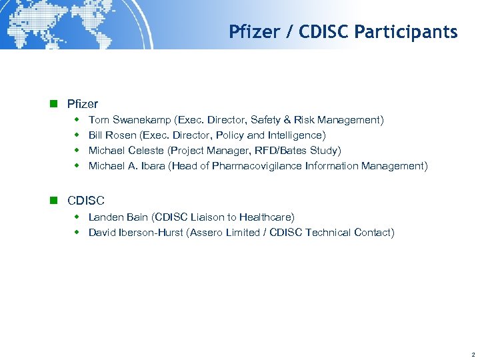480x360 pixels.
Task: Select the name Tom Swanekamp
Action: pos(129,120)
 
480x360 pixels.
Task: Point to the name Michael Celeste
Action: pos(126,151)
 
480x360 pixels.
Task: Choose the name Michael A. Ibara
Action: pos(127,166)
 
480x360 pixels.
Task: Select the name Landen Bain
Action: pos(119,217)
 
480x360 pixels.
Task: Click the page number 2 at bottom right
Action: pos(472,354)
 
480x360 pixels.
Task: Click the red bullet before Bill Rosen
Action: pos(76,135)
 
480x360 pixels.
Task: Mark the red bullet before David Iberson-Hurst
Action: pos(76,233)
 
